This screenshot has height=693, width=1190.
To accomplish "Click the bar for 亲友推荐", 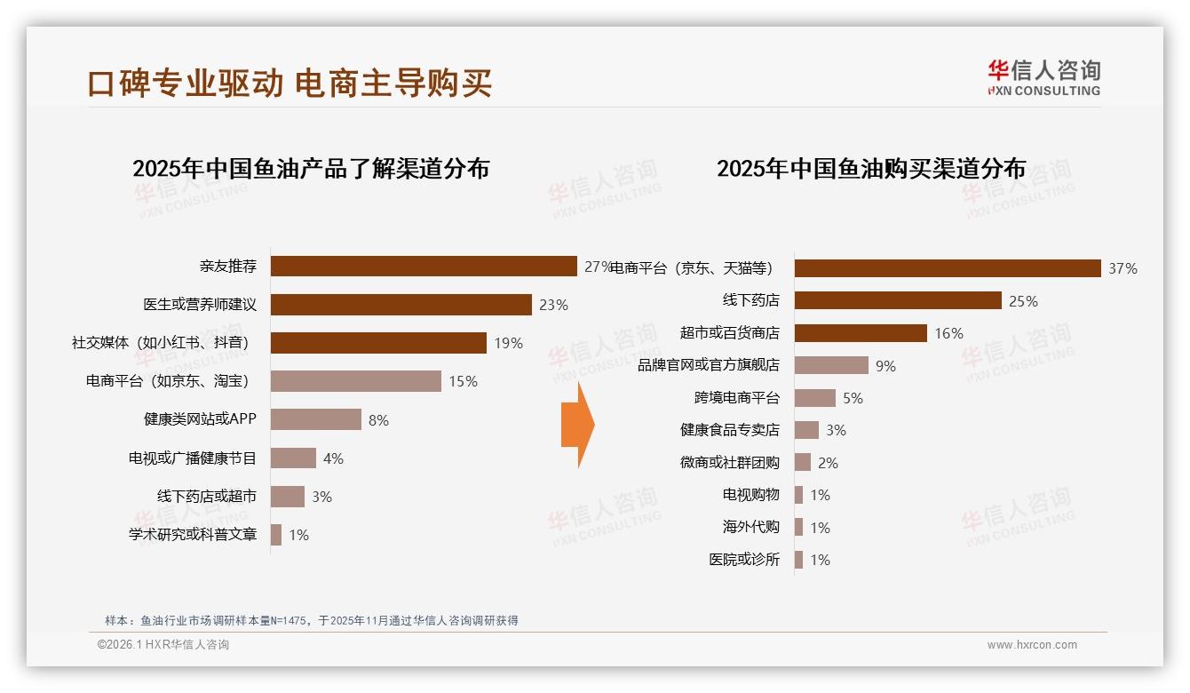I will (424, 267).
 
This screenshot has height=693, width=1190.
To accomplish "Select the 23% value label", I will (553, 305).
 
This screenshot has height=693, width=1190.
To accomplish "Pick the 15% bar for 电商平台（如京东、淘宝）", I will (355, 381).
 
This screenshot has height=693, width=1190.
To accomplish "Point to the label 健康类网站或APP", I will (200, 419).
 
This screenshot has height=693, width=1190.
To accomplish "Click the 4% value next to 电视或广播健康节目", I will (333, 458).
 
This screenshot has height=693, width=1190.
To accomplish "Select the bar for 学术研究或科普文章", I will (276, 535).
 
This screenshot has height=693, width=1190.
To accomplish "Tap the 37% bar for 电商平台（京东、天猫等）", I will (948, 268).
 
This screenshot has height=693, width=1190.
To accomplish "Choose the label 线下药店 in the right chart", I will (750, 300).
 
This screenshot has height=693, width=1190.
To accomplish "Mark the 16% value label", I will (948, 333).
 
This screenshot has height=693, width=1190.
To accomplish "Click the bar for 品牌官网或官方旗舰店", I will (831, 365).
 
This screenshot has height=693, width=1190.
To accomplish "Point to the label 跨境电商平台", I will (736, 398).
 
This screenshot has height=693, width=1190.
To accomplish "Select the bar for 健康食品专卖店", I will (806, 430).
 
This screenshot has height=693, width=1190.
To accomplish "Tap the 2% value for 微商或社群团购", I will (828, 463).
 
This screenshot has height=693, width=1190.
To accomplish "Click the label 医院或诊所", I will (743, 560).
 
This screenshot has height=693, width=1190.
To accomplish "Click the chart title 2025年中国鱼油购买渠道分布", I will (871, 169).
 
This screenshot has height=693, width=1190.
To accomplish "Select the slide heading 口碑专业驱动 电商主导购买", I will (290, 83).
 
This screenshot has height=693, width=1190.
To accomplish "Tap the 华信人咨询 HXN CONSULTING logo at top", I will (1043, 77).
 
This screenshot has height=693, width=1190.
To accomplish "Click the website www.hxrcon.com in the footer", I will (1032, 645).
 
